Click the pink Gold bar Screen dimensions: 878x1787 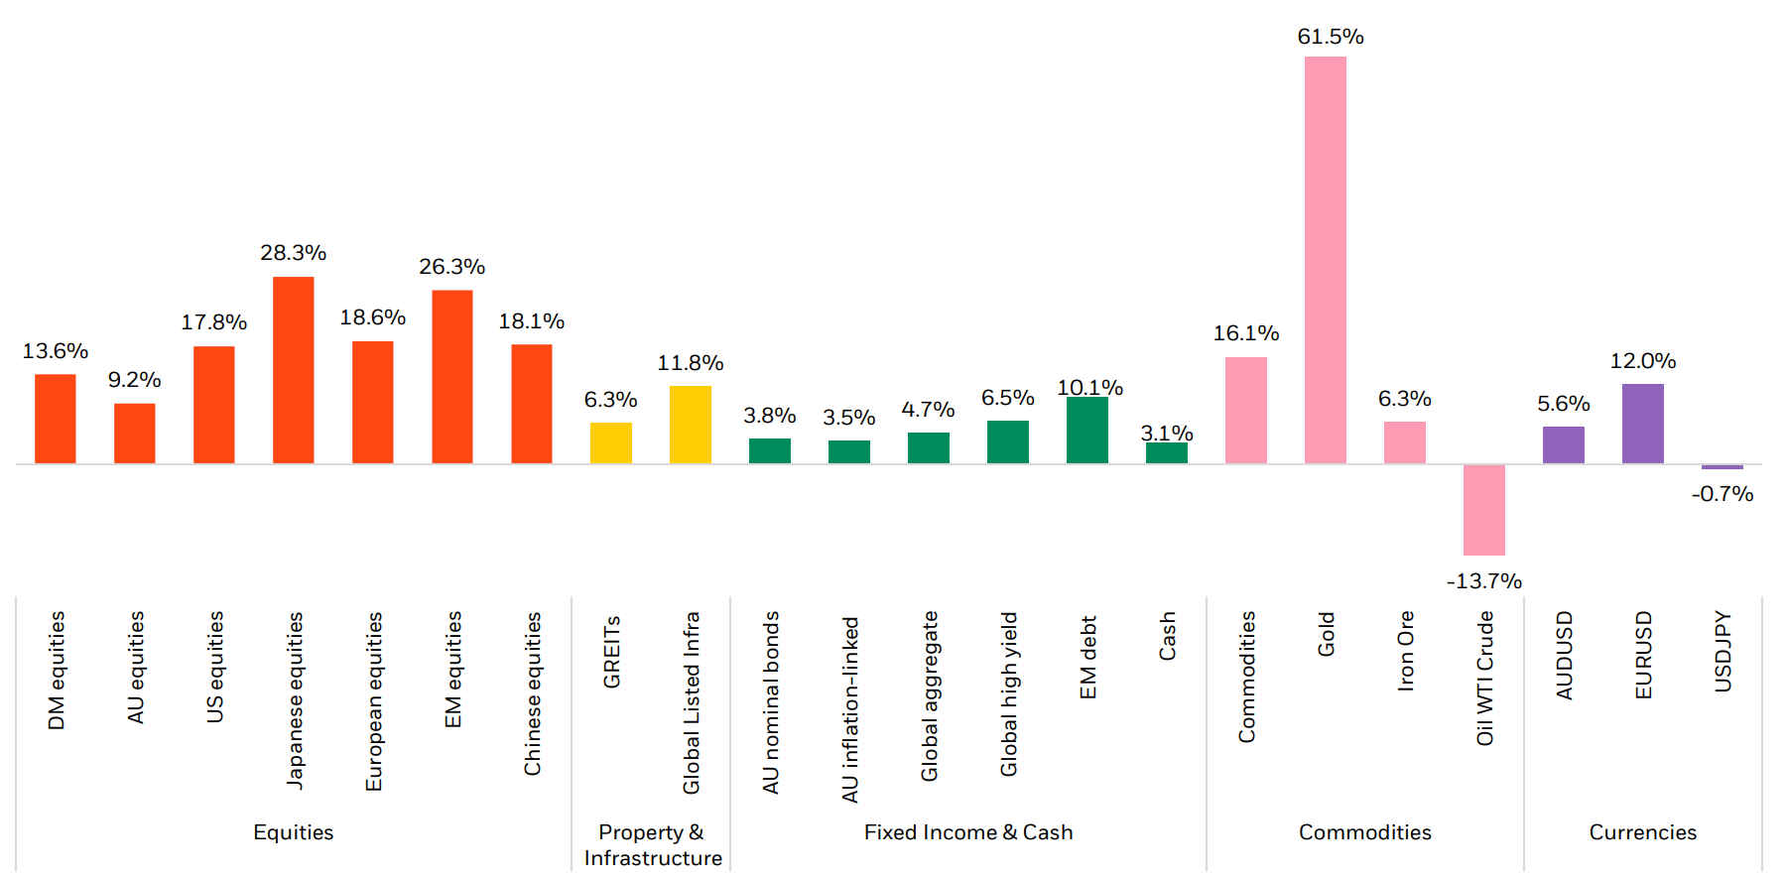1325,260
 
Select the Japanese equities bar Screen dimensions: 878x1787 293,370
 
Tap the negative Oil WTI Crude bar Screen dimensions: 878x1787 1483,510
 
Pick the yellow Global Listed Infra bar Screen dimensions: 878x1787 690,425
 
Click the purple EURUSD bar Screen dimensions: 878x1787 1642,424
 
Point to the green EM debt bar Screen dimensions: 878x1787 1086,431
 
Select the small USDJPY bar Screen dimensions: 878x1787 1722,466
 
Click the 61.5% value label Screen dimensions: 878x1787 1330,37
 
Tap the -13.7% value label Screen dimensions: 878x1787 1483,581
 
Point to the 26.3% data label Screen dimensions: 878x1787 451,267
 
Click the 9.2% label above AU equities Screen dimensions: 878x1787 134,380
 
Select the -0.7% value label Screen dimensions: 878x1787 1722,494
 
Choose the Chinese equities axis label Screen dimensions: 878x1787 533,692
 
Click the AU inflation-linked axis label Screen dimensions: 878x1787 850,708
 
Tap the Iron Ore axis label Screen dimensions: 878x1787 1405,651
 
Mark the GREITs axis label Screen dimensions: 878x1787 611,651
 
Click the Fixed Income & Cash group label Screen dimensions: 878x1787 967,832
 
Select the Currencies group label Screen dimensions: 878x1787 1642,832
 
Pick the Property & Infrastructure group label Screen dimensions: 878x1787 652,845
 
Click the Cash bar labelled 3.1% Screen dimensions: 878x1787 1166,452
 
